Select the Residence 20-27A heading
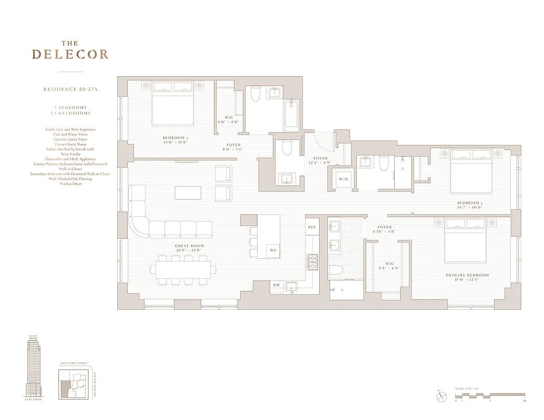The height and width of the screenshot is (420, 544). [70, 90]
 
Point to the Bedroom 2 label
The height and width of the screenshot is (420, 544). [176, 141]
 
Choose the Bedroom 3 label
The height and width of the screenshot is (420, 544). [469, 205]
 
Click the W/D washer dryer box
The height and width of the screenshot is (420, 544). [343, 180]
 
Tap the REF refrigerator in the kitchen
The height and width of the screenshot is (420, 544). [312, 227]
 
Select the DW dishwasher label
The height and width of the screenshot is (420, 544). [276, 285]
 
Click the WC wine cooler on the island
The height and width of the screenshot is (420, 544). [273, 250]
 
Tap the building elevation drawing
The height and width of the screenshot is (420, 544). [35, 367]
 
